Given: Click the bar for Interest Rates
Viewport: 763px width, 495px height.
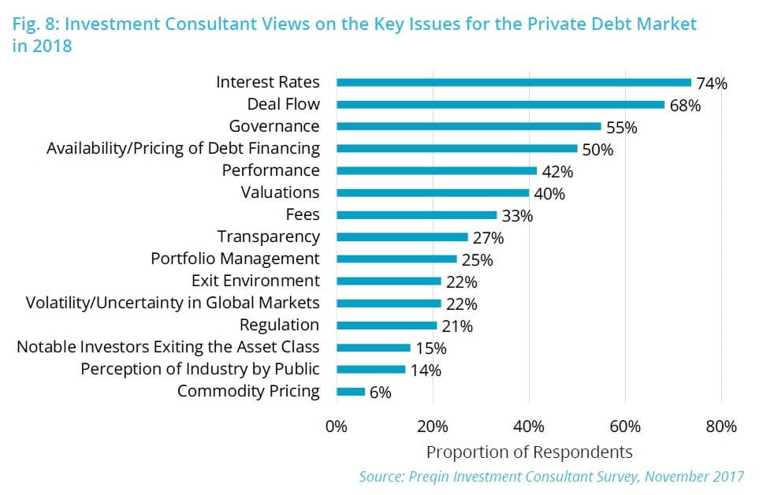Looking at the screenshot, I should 513,82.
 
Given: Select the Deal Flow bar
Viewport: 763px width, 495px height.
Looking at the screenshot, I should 501,104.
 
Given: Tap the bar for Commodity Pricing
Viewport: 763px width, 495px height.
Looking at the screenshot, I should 351,391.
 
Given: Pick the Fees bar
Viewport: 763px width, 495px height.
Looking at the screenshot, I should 416,214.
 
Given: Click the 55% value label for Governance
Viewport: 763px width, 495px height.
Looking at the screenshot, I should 622,127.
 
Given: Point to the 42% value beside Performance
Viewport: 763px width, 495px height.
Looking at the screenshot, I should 557,171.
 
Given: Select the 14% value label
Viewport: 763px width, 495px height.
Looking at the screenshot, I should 426,370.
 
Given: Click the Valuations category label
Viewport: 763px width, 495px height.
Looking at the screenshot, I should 280,192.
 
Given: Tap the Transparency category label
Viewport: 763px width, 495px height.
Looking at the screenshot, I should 268,236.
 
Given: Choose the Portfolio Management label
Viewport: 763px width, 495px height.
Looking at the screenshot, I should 235,259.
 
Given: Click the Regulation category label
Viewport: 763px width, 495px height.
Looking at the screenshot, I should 279,325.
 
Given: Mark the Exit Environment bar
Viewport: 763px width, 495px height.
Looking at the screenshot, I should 389,281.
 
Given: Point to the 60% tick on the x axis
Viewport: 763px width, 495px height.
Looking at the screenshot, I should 624,426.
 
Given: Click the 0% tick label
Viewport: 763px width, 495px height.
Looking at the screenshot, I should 337,426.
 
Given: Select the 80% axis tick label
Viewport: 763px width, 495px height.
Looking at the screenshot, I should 720,426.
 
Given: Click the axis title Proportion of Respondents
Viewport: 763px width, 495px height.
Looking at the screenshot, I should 529,452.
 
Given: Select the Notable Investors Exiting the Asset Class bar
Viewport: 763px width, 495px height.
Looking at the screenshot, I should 374,347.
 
